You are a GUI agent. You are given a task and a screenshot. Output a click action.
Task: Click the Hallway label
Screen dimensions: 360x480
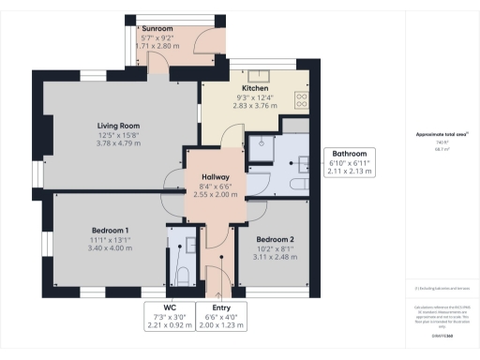pos(214,176)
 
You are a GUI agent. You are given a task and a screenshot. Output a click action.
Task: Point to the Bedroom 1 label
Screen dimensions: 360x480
pos(110,231)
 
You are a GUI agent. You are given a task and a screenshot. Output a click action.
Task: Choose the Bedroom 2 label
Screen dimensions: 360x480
pos(276,240)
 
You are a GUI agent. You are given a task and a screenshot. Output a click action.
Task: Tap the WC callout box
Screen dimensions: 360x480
pos(169,316)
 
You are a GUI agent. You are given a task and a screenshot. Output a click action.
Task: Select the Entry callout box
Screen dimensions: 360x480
pos(221,316)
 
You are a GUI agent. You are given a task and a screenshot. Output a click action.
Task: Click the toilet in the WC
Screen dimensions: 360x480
pos(183,272)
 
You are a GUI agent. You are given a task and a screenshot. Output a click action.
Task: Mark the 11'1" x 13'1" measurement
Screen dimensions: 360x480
pos(110,240)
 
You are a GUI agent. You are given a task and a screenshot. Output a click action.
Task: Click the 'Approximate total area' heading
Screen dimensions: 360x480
pos(442,134)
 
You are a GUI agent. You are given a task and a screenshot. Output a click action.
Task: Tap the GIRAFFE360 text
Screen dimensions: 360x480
pos(441,335)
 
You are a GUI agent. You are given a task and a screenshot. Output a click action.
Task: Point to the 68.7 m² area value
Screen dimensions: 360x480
pos(441,148)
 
